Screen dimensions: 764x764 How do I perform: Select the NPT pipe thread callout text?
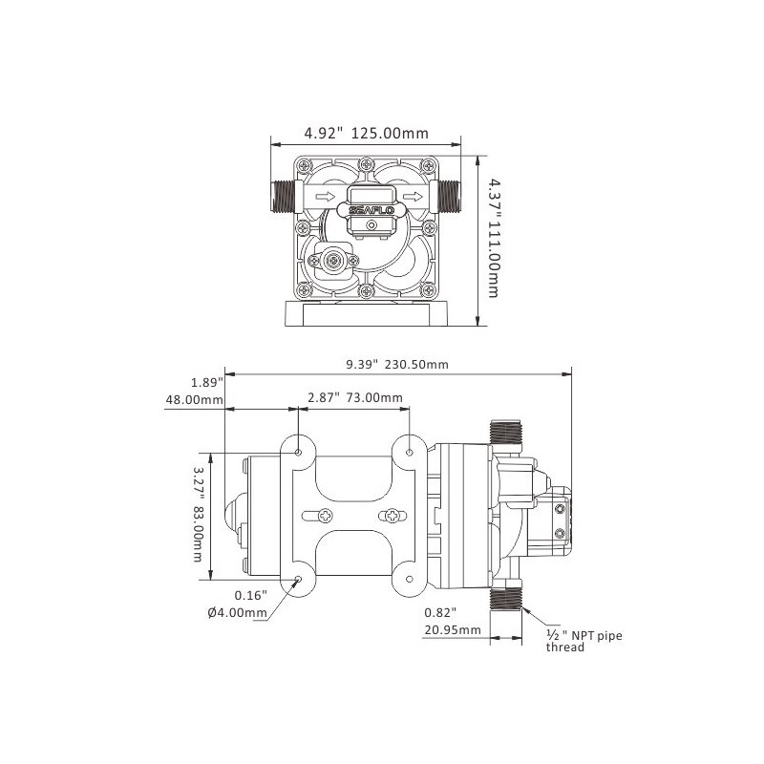point(584,641)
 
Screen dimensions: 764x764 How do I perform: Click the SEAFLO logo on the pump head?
point(371,210)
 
